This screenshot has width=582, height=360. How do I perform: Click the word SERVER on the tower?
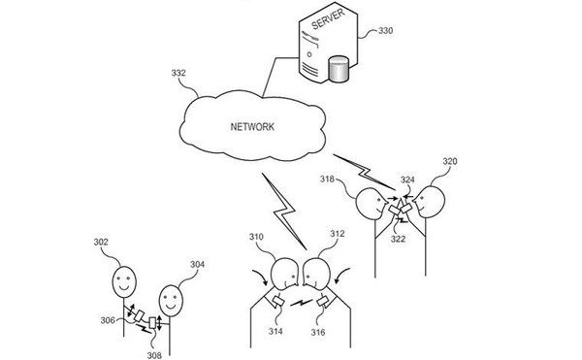[328, 18]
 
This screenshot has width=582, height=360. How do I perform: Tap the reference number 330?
[385, 30]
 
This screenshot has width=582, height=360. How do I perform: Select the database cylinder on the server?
[339, 69]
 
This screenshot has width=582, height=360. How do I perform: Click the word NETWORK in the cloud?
[252, 127]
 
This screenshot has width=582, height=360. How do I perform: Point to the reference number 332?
[178, 73]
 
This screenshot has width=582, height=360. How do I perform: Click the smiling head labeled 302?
[124, 282]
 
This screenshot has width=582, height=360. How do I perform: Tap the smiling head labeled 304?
[171, 301]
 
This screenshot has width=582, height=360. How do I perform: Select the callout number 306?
[108, 320]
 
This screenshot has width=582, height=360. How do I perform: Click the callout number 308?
[154, 355]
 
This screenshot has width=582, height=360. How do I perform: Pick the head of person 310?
[284, 274]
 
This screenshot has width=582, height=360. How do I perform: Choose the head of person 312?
[316, 274]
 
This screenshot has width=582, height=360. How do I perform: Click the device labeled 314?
[278, 301]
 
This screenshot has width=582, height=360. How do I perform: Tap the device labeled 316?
[323, 301]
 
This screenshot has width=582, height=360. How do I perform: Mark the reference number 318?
[328, 180]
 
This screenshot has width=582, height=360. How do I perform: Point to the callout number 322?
[398, 239]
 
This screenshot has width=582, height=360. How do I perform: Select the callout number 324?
[407, 180]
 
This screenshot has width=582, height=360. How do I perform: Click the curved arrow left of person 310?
[261, 278]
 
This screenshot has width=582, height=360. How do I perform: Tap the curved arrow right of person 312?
[341, 275]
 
